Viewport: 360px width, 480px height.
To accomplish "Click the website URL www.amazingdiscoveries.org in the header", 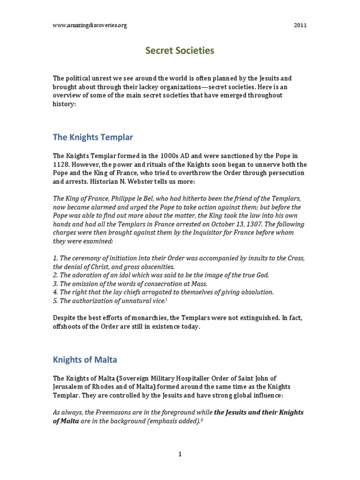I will (x=90, y=25).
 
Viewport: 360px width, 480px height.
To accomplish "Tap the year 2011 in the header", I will (x=300, y=25).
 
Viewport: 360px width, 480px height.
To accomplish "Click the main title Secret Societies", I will (x=180, y=51).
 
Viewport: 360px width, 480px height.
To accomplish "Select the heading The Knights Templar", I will (x=93, y=137).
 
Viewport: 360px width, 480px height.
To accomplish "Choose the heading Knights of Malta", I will (x=85, y=360).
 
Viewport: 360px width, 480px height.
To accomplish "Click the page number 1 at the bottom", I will (x=180, y=454).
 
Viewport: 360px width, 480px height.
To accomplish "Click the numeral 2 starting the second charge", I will (x=54, y=275).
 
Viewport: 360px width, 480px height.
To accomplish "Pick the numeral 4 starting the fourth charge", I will (x=54, y=292).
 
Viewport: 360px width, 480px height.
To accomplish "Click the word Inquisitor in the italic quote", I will (x=189, y=232).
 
